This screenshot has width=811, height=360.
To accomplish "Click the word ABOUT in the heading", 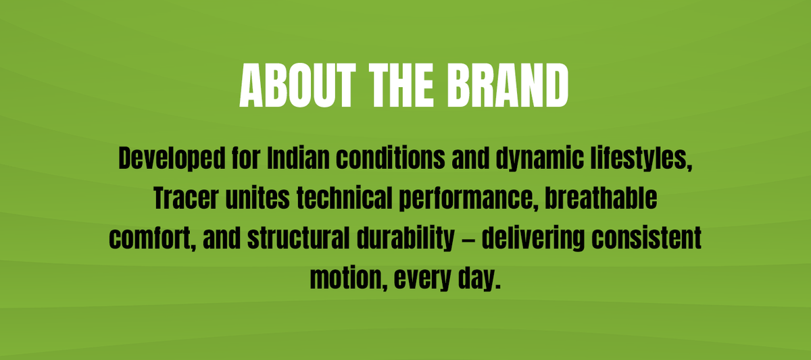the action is [297, 85].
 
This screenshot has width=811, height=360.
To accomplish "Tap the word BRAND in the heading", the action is [508, 85].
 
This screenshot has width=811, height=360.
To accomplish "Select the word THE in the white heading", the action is [401, 85].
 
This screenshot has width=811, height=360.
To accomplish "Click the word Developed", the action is [172, 159].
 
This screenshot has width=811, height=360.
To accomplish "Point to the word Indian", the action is [298, 158].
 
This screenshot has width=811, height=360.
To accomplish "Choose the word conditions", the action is [391, 158].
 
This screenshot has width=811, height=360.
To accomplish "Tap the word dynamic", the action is [540, 159].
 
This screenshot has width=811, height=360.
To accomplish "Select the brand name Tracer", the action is [186, 198].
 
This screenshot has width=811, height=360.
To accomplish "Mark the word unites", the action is [257, 198].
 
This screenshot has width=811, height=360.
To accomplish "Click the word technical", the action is [344, 198].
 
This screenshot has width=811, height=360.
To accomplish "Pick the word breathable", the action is [601, 198].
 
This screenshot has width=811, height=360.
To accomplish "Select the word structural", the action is [299, 238].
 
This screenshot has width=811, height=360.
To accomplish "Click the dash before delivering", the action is [468, 239].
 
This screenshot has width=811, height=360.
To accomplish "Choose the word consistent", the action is [647, 238].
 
